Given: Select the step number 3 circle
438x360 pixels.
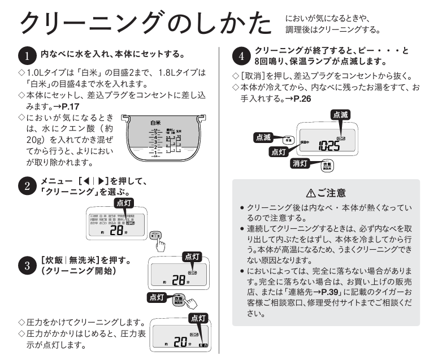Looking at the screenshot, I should coord(27,266).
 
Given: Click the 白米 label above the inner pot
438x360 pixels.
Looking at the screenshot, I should coord(156,122).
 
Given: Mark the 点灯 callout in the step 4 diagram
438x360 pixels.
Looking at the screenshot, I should coord(278,151).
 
